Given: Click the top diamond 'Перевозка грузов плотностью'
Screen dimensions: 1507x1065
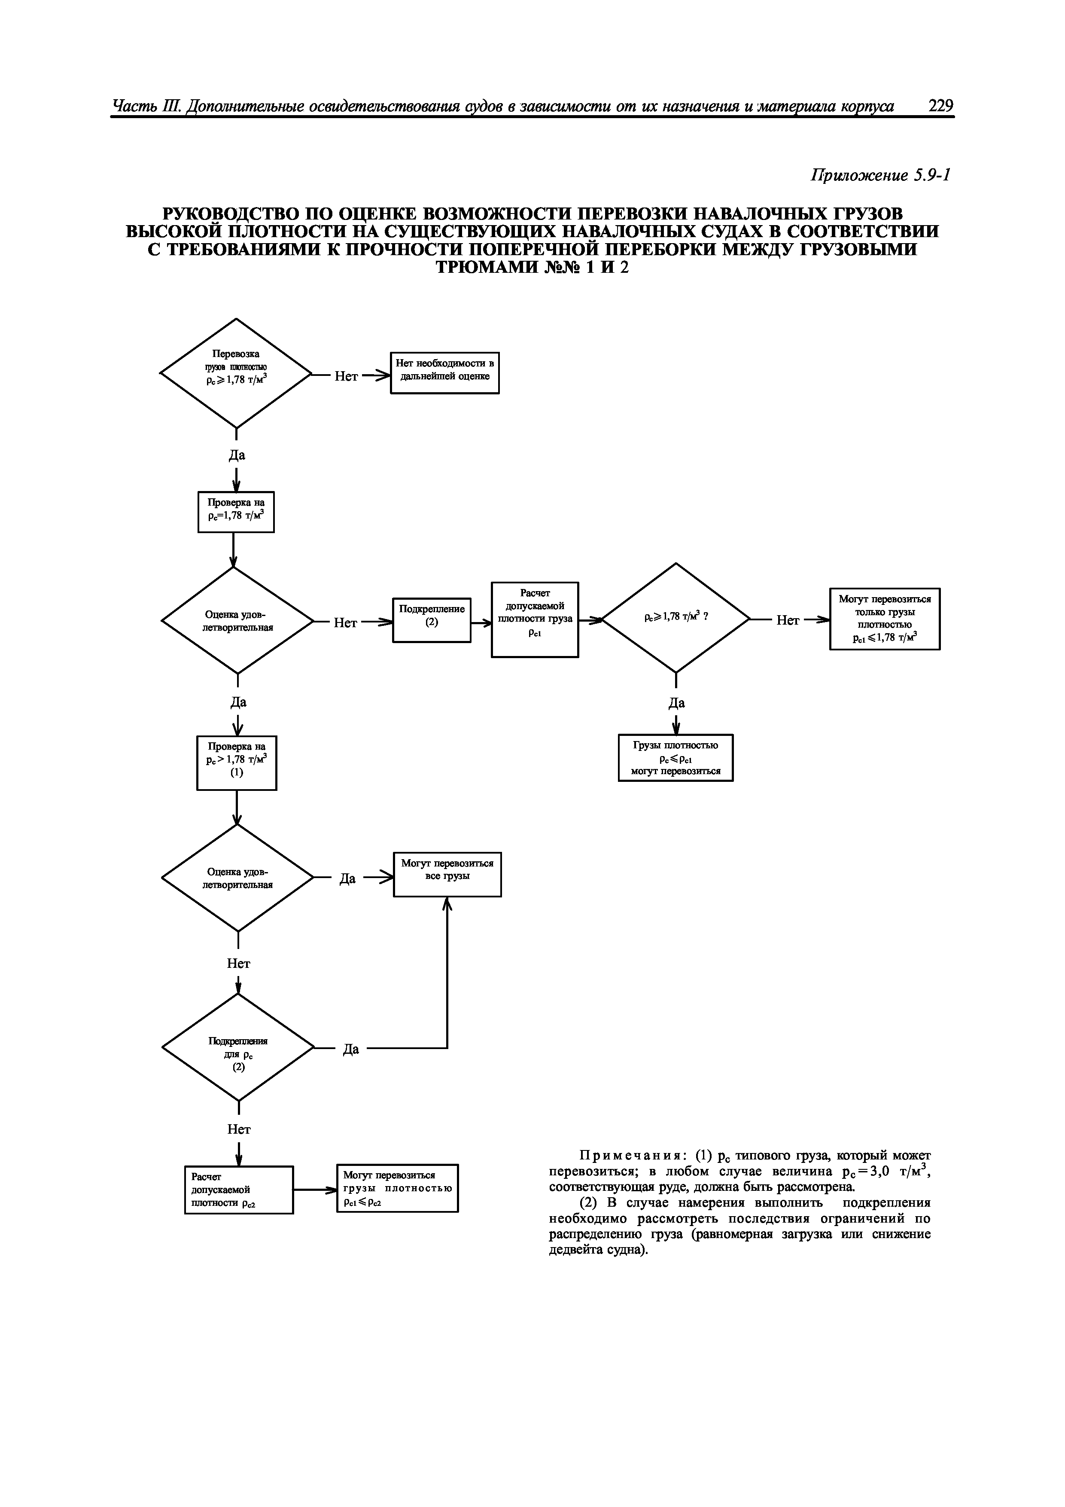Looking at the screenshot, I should [236, 373].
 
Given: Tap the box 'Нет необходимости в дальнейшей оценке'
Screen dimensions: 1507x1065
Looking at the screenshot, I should [444, 373].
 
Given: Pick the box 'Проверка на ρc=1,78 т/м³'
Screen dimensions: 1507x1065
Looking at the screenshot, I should [236, 511].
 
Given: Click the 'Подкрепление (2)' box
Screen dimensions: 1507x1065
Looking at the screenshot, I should [431, 619].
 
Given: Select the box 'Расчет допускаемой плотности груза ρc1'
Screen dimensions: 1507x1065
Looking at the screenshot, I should [535, 619].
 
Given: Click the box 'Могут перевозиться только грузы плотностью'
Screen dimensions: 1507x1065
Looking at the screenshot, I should [885, 618].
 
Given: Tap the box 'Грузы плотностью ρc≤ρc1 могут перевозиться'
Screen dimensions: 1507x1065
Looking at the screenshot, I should [675, 757].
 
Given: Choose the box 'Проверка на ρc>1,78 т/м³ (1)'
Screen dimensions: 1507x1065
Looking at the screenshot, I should [236, 763].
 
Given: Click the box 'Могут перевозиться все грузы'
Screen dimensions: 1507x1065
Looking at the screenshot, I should [447, 874].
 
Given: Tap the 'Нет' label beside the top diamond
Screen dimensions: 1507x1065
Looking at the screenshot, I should [346, 376].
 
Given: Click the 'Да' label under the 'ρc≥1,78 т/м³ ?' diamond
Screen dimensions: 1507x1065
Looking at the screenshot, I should [676, 703].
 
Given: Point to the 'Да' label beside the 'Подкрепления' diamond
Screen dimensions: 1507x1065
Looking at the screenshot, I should [351, 1049].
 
